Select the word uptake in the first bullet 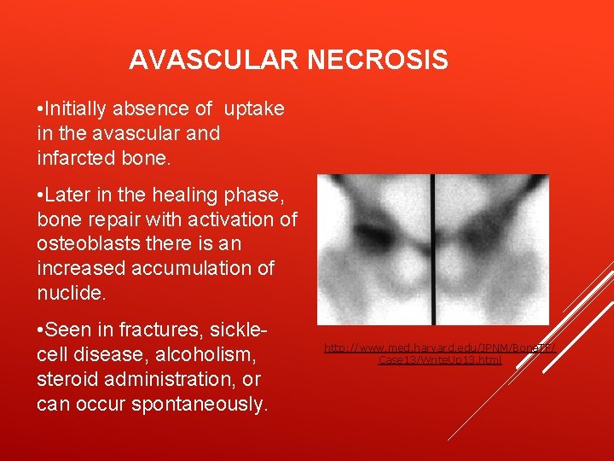[255, 109]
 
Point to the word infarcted [79, 159]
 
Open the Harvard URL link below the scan [440, 353]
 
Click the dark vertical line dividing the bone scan [434, 248]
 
